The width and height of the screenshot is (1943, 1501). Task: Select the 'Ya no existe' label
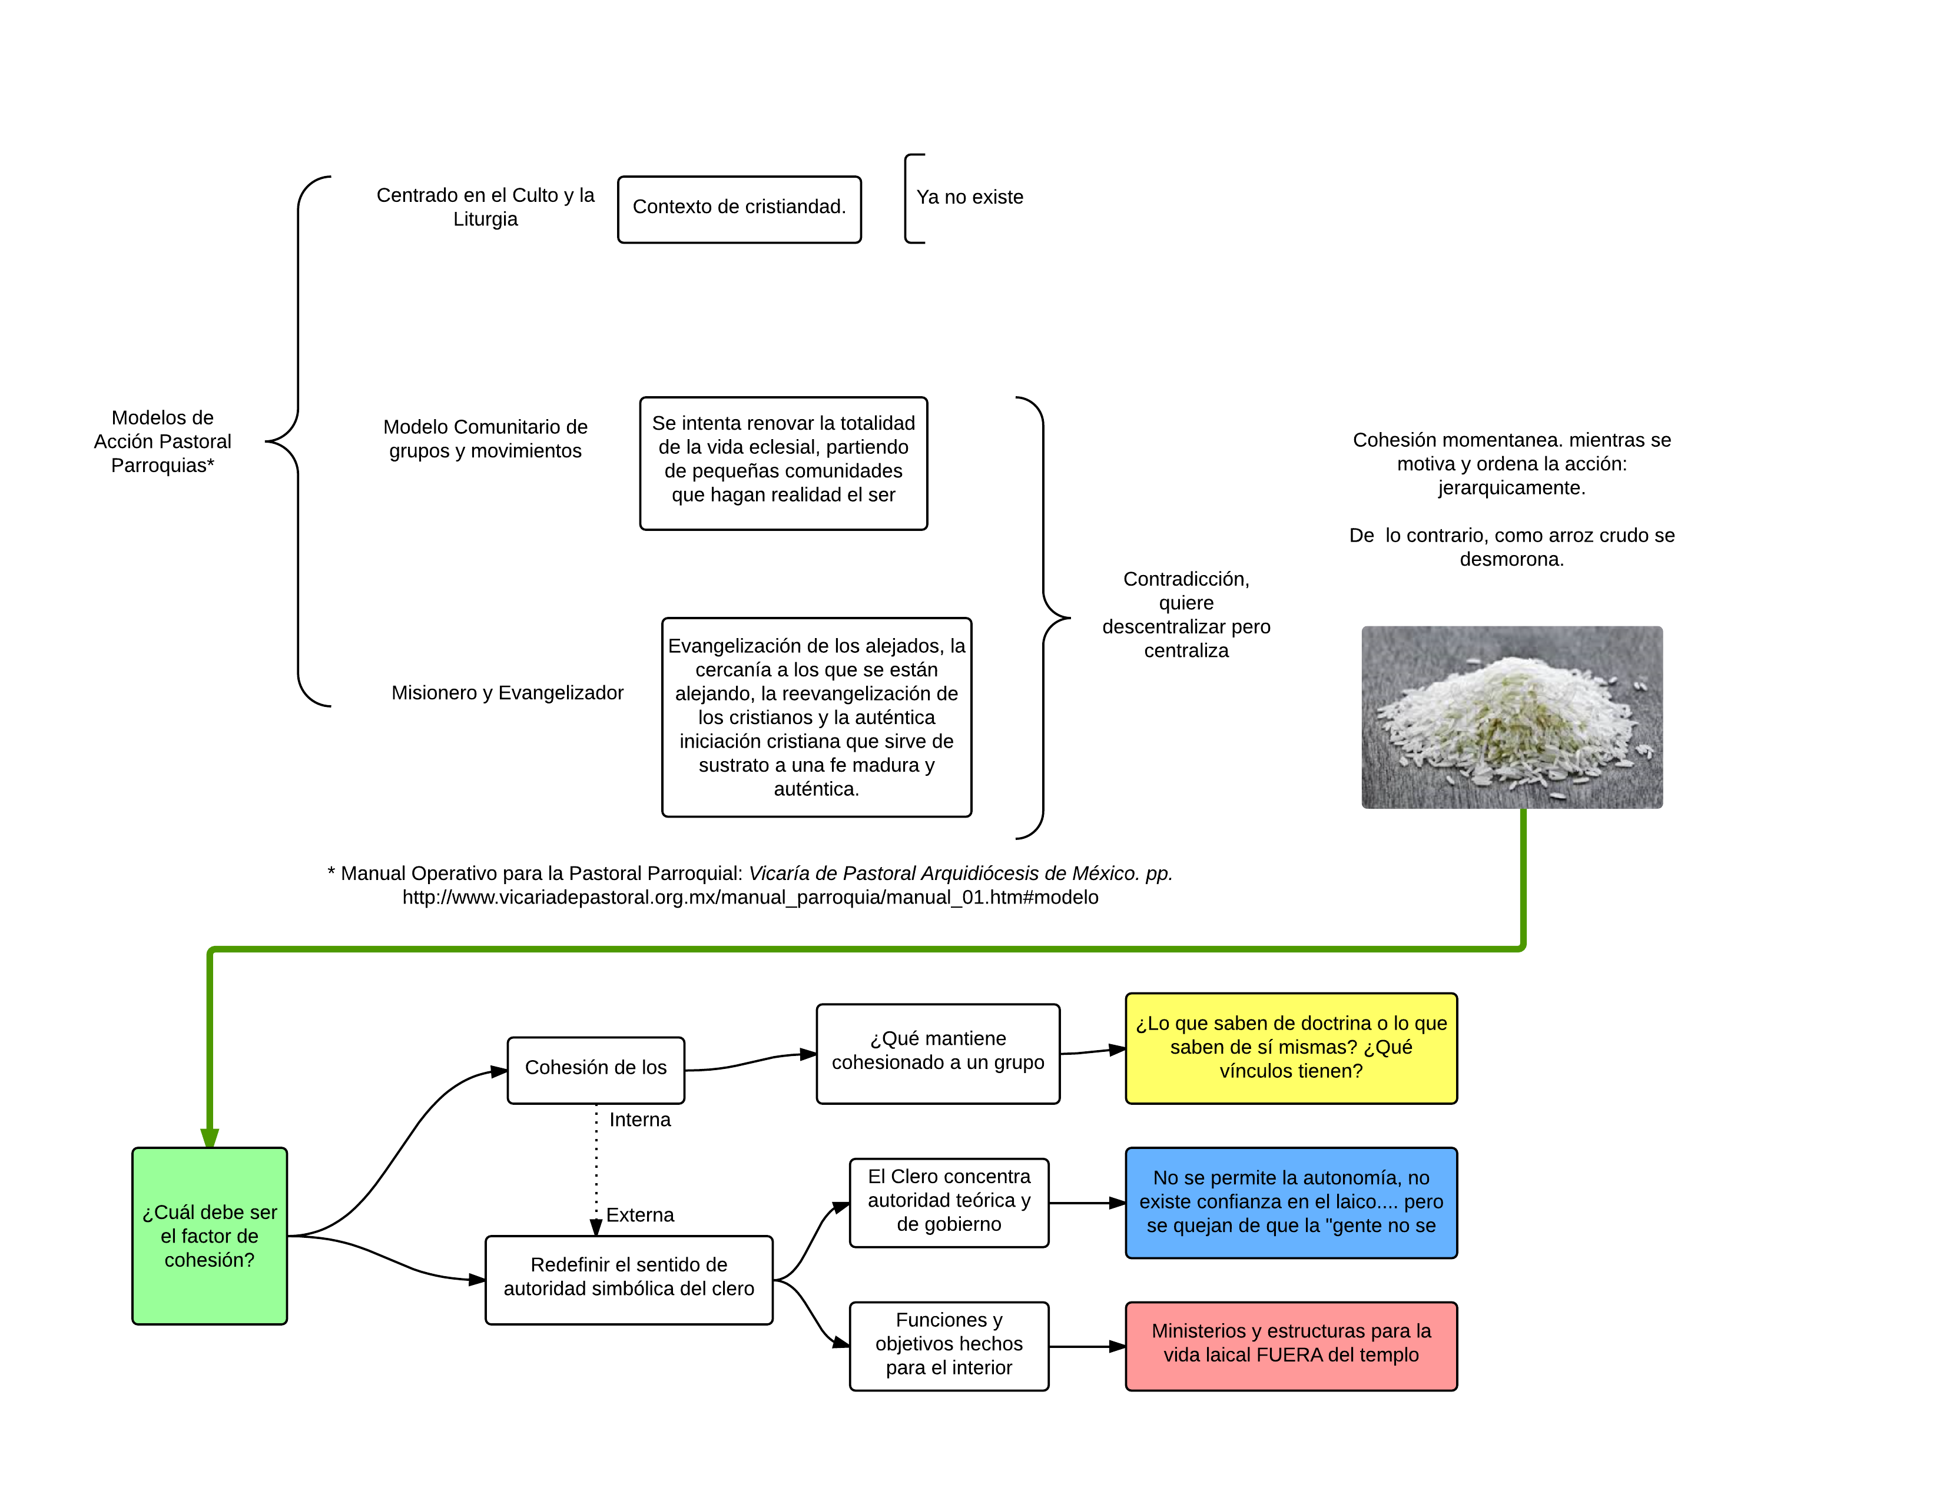(x=970, y=197)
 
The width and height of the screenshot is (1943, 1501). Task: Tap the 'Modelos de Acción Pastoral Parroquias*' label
(x=163, y=441)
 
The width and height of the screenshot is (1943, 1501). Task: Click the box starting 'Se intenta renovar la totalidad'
(x=783, y=463)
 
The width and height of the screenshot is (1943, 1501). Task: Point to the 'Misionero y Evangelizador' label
(x=507, y=693)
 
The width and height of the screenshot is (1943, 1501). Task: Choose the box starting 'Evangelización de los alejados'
(x=816, y=717)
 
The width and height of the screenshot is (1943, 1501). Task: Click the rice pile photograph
(x=1511, y=718)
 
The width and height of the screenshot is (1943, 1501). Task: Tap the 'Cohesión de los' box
(x=595, y=1069)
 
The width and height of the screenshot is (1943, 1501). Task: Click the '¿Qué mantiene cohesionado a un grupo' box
(x=938, y=1053)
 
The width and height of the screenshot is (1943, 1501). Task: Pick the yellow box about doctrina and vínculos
(x=1291, y=1048)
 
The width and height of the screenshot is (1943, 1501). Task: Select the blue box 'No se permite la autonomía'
(x=1291, y=1202)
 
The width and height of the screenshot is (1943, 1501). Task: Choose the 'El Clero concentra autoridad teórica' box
(x=949, y=1201)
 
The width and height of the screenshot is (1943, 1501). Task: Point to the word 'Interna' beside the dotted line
(x=639, y=1120)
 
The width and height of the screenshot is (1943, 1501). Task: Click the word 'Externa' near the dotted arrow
(x=639, y=1216)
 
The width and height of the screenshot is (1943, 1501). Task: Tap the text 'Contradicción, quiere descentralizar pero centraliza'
(x=1186, y=615)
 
